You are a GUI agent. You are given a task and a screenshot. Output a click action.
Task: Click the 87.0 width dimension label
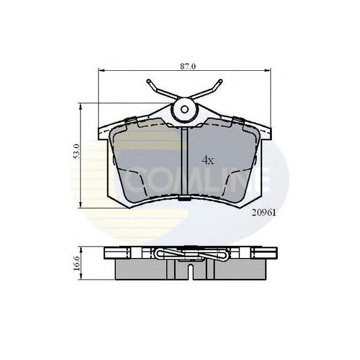point(188,67)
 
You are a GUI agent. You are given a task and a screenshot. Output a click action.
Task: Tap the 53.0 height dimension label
point(77,151)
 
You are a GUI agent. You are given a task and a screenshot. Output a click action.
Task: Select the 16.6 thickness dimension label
point(77,264)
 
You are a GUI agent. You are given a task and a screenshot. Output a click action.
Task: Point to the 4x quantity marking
point(208,160)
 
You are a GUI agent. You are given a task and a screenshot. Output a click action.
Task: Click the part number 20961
point(263,213)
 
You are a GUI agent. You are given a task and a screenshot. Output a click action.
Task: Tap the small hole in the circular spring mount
point(184,110)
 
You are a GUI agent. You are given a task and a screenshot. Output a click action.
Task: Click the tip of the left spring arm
point(148,81)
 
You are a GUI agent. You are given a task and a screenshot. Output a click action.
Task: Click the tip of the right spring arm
point(220,80)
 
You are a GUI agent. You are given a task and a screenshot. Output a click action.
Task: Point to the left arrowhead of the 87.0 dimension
point(101,70)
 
